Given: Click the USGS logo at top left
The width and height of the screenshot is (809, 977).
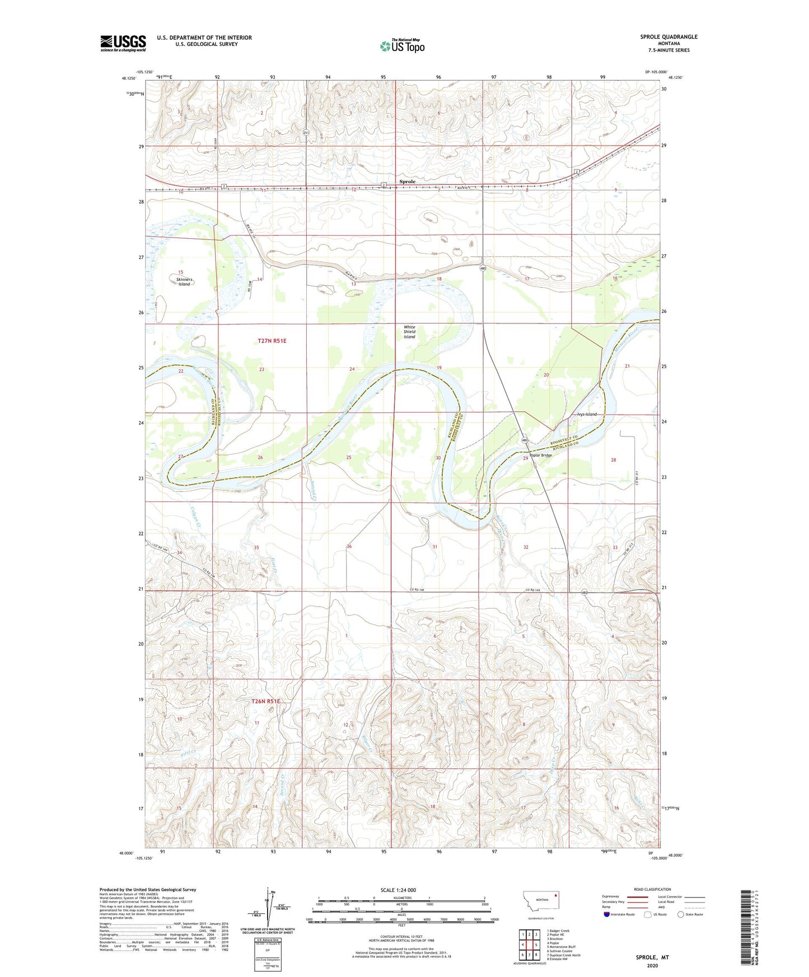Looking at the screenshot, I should (x=123, y=43).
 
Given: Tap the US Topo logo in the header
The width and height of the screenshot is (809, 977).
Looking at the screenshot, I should (x=403, y=46).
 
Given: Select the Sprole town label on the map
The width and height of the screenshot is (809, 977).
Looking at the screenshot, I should (x=407, y=181).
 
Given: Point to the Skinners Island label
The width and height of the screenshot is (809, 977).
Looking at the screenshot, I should (x=184, y=281).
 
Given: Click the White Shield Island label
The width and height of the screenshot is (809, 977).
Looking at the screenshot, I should (x=410, y=332).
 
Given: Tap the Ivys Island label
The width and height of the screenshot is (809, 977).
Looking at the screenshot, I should (x=587, y=414).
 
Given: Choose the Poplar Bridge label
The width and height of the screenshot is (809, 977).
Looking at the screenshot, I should (x=537, y=455).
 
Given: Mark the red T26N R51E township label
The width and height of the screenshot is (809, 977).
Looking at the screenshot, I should (x=265, y=701).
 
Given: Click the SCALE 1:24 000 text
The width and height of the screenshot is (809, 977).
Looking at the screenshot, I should (x=398, y=890).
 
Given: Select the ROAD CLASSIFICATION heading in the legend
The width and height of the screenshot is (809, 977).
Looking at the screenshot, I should (x=652, y=889).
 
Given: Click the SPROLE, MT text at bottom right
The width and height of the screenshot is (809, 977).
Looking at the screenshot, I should (x=652, y=957).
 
